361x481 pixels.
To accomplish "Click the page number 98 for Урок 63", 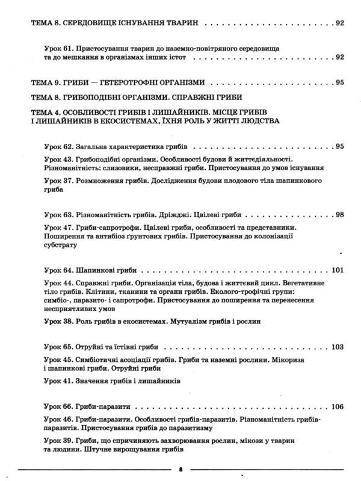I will [339, 214].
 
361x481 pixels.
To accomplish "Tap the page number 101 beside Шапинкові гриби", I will [338, 270].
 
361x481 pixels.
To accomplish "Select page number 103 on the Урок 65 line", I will [338, 346].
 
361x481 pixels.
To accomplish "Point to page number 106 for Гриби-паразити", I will [338, 406].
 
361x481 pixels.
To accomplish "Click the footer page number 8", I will [180, 468].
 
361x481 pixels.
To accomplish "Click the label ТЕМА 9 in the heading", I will [45, 82].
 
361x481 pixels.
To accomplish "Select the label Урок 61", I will [59, 48].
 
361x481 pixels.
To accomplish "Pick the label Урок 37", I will [59, 180].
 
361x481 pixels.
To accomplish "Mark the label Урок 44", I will [59, 281].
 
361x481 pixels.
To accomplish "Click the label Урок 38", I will [59, 321].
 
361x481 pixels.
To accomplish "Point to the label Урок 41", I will [59, 381].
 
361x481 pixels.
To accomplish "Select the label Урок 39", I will [59, 441].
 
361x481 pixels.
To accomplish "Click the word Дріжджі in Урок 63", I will [173, 214].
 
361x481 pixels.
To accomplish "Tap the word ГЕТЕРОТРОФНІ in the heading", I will [139, 82].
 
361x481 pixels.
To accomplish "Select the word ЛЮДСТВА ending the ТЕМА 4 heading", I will [255, 120].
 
